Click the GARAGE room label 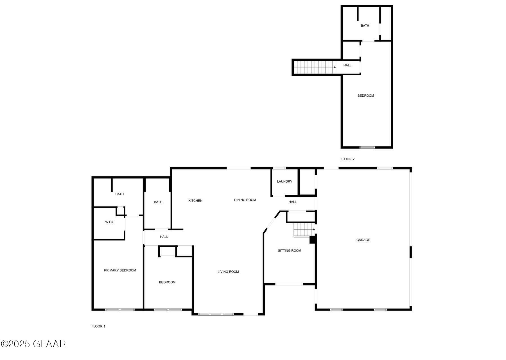(363, 240)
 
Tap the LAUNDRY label (284, 182)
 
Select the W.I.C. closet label (109, 222)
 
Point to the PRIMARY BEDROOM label (120, 270)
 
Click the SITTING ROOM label (289, 251)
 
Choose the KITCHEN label (195, 201)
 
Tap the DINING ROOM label (245, 200)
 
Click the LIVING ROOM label (228, 272)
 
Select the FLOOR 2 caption (347, 159)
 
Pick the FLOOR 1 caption (98, 327)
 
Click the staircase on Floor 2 (314, 67)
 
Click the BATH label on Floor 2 (365, 26)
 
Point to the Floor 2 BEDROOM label (365, 96)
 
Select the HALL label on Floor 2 (347, 65)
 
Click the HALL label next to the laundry (292, 202)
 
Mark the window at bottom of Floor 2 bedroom (367, 147)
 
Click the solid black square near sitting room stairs (312, 240)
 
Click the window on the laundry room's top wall (279, 168)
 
